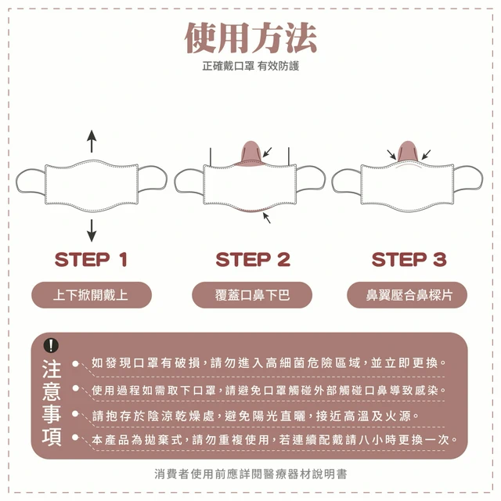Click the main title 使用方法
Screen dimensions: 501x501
[x=250, y=38]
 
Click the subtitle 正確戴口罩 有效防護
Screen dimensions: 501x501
[x=250, y=66]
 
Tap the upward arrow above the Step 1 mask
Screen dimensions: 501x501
[x=92, y=141]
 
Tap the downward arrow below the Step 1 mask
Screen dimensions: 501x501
[x=92, y=230]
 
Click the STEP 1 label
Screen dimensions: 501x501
[x=91, y=259]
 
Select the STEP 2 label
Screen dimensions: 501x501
[x=253, y=259]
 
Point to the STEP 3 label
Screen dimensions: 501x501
[x=409, y=259]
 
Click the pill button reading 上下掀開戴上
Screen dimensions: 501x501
[x=92, y=295]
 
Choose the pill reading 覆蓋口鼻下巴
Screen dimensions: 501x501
[x=252, y=295]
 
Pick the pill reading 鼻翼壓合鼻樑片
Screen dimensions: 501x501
[x=407, y=295]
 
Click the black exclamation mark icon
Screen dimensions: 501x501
[x=51, y=345]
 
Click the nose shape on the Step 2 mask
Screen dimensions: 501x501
[x=251, y=153]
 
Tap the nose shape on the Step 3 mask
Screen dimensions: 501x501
[x=408, y=151]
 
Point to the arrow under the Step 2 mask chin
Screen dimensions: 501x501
[x=267, y=218]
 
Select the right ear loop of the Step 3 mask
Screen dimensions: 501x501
[x=468, y=179]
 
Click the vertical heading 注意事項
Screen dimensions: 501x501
[x=52, y=402]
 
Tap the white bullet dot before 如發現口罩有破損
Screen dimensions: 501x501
[x=75, y=363]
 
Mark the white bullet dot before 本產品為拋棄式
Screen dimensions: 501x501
[x=75, y=437]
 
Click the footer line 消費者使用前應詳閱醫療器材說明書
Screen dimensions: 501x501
[x=250, y=474]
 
